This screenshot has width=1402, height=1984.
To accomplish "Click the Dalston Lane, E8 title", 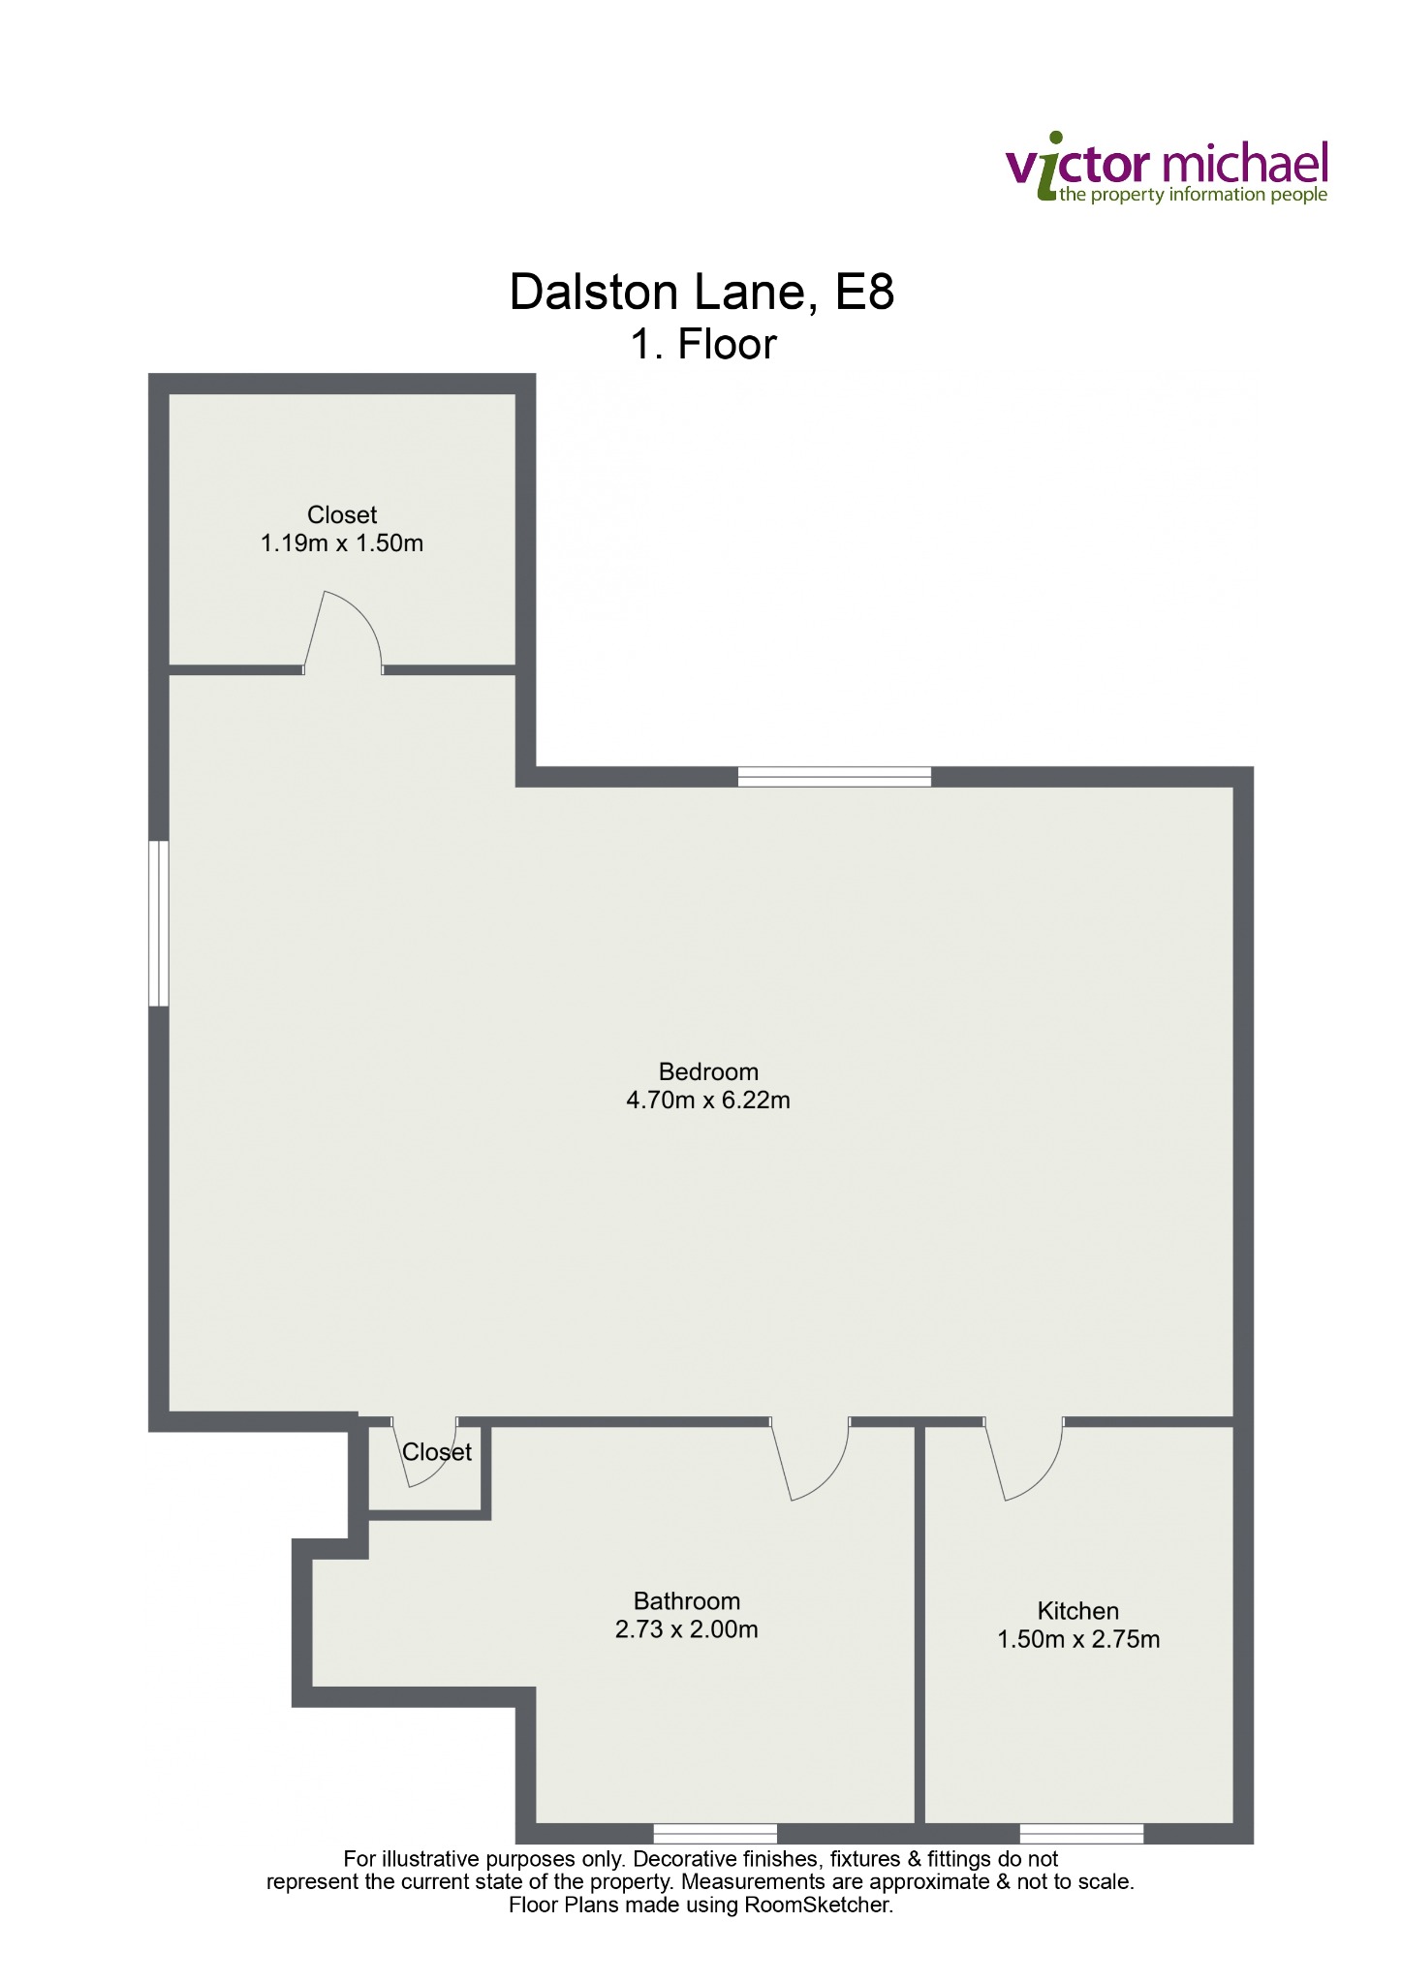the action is click(x=701, y=293).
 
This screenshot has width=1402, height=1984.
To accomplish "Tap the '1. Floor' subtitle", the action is click(x=703, y=345).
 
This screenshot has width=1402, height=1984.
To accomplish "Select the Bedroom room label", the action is click(x=708, y=1071).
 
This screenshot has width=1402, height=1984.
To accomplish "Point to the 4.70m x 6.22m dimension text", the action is click(x=708, y=1100).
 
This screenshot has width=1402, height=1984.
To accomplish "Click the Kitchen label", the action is click(x=1078, y=1611).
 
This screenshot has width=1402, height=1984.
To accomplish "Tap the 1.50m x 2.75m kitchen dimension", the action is click(x=1078, y=1639).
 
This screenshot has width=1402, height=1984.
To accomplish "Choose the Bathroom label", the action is click(x=687, y=1601).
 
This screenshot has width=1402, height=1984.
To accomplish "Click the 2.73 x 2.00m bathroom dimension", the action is click(x=687, y=1629).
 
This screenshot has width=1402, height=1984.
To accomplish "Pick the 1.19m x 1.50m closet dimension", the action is click(x=342, y=543).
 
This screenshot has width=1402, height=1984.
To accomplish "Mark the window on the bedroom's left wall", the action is click(x=159, y=923).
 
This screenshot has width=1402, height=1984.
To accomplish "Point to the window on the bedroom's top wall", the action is click(x=834, y=776).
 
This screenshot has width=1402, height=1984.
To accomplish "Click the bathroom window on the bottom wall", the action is click(x=715, y=1833).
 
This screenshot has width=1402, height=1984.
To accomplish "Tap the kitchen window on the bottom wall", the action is click(x=1081, y=1833).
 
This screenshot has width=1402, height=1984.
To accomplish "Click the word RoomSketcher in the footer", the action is click(x=817, y=1906).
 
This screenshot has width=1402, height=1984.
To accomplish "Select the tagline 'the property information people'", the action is click(x=1193, y=196).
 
